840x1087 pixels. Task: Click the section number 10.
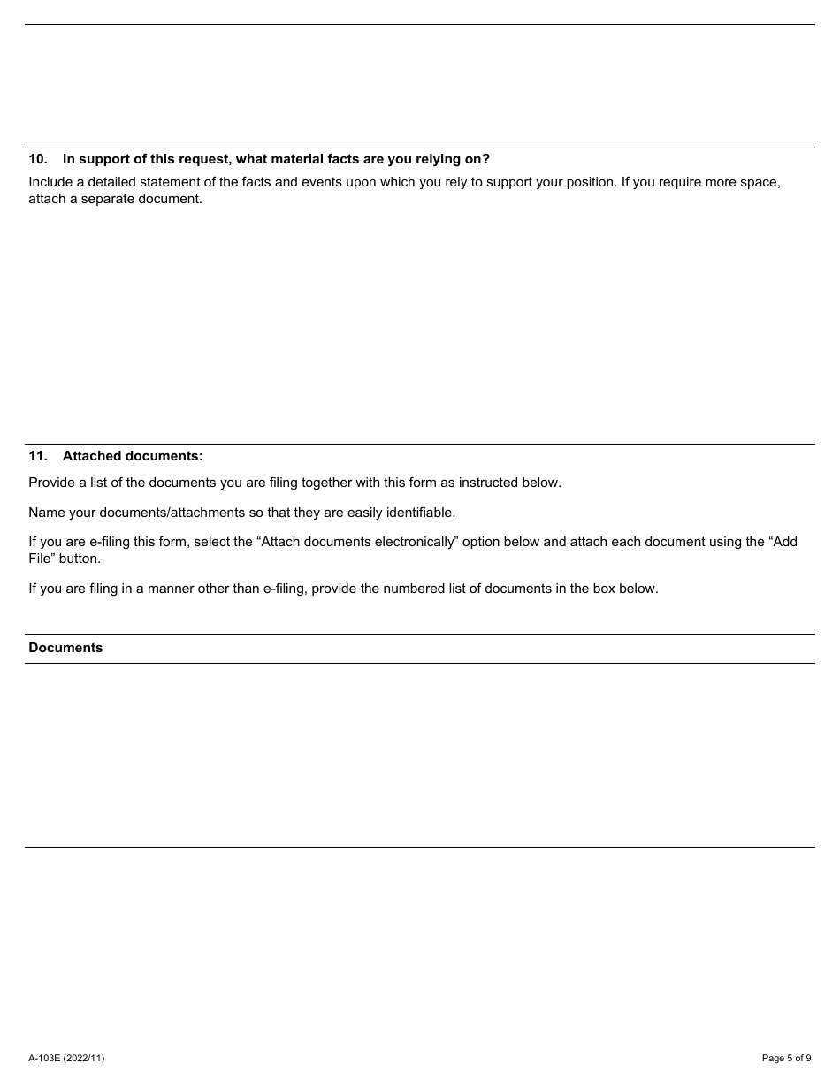point(37,159)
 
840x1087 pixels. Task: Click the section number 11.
point(37,456)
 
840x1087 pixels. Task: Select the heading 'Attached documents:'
point(133,456)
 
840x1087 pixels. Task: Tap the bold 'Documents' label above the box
point(65,648)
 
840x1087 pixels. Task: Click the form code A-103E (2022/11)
point(66,1058)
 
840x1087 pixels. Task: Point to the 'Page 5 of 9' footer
point(786,1058)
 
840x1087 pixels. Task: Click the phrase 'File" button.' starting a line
point(65,559)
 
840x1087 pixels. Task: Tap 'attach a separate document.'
point(115,199)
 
